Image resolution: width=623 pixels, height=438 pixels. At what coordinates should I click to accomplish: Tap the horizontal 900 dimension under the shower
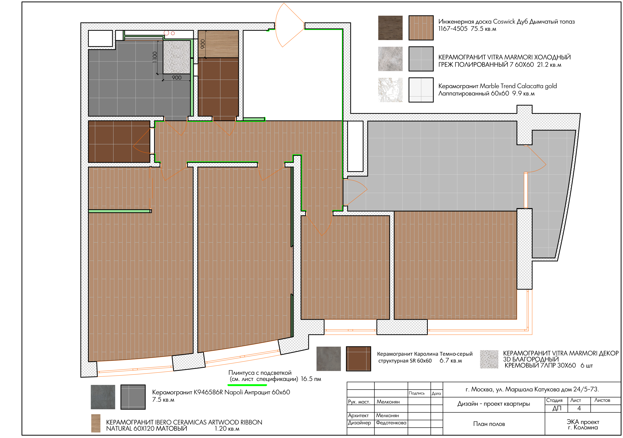pos(177,78)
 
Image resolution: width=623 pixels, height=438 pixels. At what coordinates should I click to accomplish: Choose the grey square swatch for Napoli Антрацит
pos(133,397)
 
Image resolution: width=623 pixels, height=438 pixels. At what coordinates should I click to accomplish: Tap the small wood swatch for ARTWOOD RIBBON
pos(96,423)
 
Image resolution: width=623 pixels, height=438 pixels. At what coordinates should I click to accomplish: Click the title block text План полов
pos(489,424)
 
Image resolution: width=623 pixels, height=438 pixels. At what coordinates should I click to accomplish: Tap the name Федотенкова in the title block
pos(391,423)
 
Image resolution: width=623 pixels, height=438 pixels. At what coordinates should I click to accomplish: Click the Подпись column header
pos(416,393)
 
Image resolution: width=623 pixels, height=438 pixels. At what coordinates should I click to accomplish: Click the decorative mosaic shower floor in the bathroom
pos(177,57)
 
